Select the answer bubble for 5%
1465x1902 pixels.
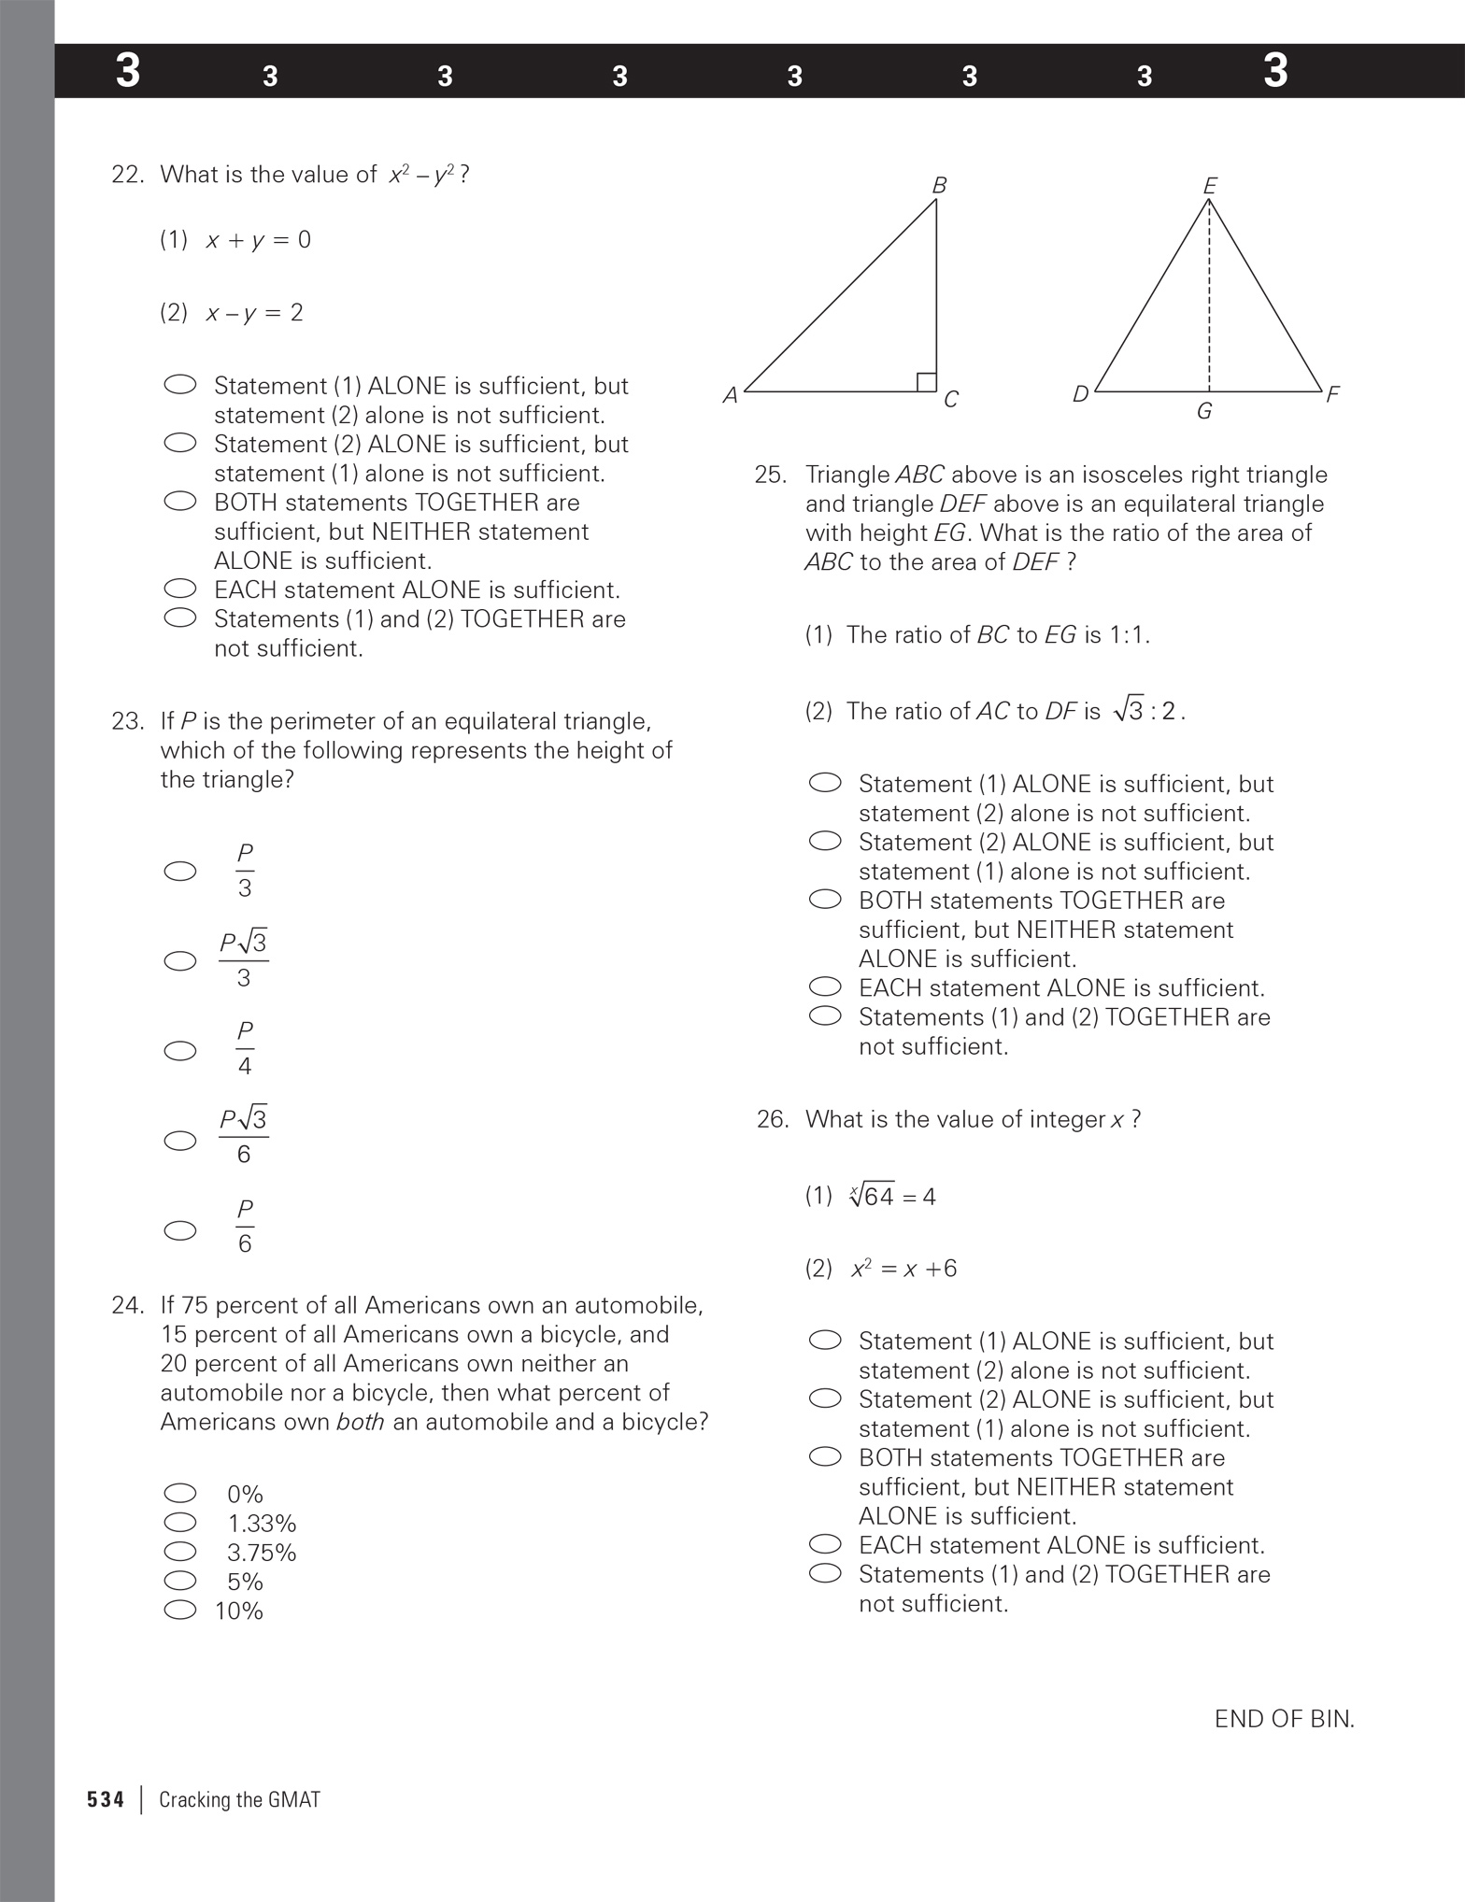[180, 1581]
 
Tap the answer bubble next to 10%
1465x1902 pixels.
[180, 1610]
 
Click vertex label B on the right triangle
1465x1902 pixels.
[939, 185]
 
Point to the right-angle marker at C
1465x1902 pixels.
[926, 382]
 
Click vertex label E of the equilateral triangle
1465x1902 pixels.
[1210, 186]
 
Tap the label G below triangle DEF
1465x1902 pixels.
[1204, 411]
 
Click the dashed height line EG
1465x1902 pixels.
[1209, 299]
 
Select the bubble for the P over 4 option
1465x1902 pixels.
[180, 1051]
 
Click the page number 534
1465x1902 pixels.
[106, 1799]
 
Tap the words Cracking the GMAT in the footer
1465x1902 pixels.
[239, 1799]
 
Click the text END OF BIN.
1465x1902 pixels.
[1284, 1719]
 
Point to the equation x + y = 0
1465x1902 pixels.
[259, 240]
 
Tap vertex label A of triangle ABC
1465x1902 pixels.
[731, 396]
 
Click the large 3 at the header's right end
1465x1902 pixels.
[1275, 71]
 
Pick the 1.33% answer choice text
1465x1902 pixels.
[262, 1524]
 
